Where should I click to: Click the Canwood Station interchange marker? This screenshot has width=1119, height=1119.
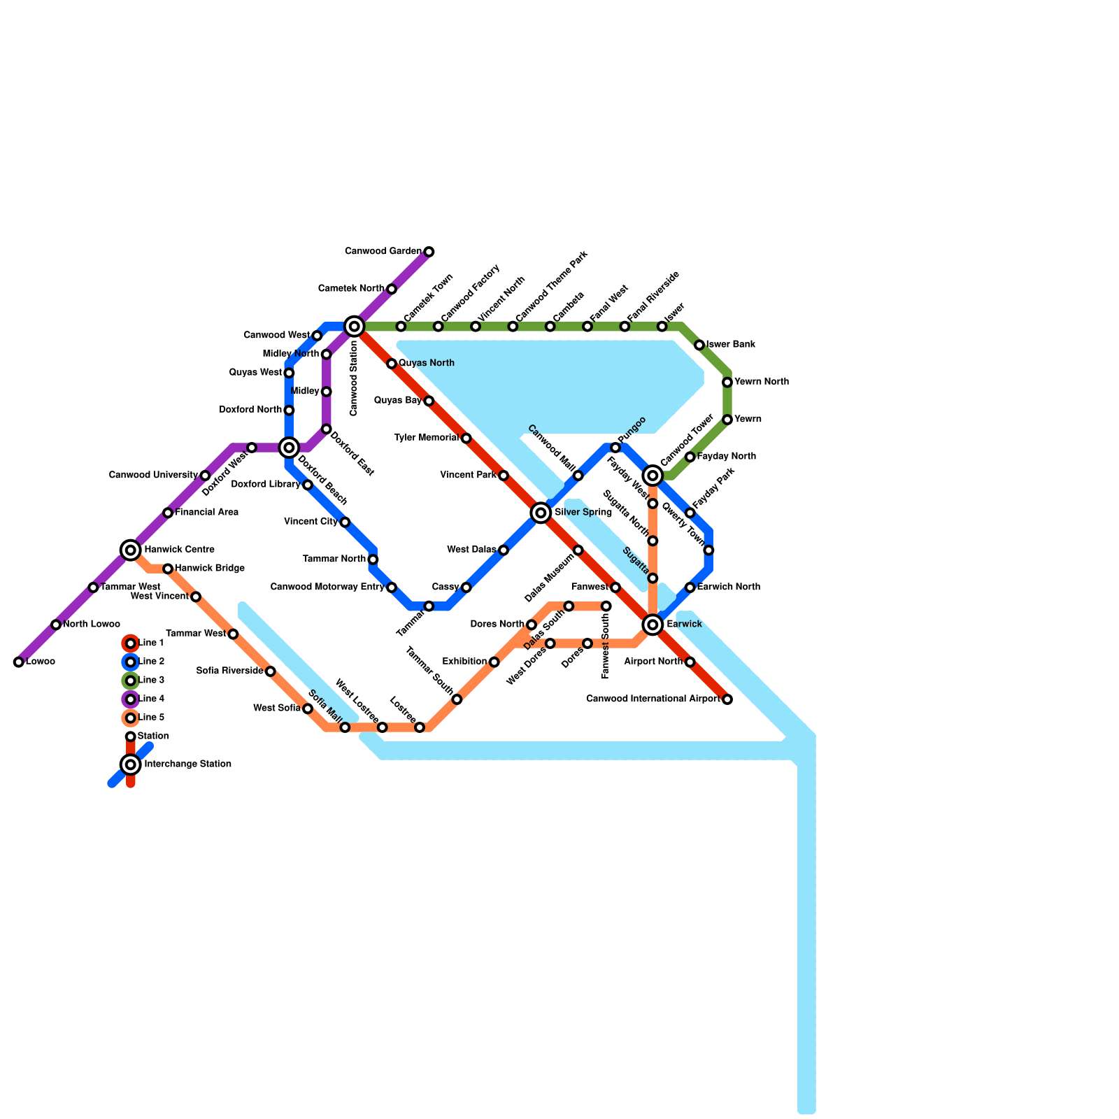355,326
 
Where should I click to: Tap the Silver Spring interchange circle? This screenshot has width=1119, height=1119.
541,513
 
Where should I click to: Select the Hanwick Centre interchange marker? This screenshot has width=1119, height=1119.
131,550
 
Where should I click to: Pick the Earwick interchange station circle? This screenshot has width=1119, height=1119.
653,625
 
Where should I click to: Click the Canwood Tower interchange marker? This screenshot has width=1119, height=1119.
653,476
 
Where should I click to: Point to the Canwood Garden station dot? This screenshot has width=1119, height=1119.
429,252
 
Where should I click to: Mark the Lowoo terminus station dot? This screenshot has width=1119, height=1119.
19,662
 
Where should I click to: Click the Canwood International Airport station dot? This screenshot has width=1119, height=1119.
727,699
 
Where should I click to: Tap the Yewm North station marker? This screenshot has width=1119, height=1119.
727,382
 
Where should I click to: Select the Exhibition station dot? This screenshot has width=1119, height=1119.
494,662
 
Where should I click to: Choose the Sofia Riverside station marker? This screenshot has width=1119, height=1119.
271,671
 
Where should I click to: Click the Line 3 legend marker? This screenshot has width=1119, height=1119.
131,680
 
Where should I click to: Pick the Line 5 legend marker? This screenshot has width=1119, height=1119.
131,718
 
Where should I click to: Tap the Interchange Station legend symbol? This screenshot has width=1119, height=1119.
131,764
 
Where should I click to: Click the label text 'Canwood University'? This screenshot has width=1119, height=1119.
153,476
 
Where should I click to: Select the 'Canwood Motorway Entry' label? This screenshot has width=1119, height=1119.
327,587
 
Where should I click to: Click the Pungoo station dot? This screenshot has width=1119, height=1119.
615,448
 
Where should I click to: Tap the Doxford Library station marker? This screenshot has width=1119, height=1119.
308,485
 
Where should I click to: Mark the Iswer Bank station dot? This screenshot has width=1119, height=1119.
699,345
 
